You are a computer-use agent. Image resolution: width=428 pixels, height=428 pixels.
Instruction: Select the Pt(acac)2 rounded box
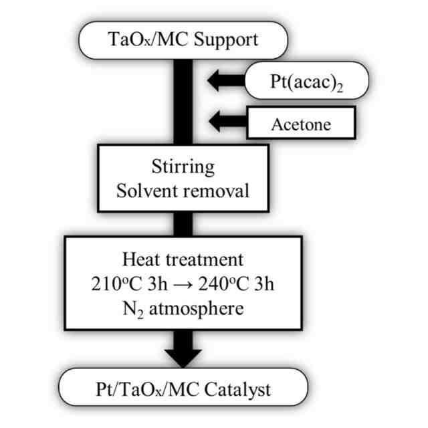coord(307,82)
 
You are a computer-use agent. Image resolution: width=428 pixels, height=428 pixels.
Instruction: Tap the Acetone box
coord(300,124)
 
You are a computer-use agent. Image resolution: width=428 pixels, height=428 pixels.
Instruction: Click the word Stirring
coord(183,166)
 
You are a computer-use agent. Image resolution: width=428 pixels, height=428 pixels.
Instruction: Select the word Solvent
coord(146,190)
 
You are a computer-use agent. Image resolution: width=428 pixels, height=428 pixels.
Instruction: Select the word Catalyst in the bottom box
coord(251,389)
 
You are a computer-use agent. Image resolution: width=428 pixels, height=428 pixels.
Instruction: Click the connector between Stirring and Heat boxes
coord(183,223)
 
